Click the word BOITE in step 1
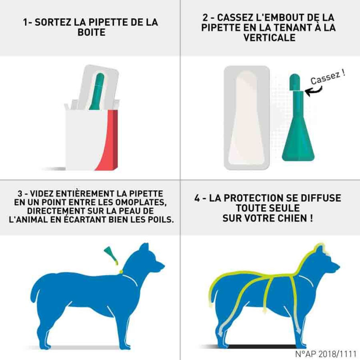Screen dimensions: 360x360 pyautogui.click(x=91, y=32)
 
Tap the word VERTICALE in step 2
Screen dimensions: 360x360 pyautogui.click(x=269, y=38)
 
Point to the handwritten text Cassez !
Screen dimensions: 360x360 pyautogui.click(x=328, y=77)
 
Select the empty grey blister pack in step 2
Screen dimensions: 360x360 pyautogui.click(x=247, y=118)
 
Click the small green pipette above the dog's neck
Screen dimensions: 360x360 pyautogui.click(x=111, y=255)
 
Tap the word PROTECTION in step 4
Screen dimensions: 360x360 pyautogui.click(x=252, y=198)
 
